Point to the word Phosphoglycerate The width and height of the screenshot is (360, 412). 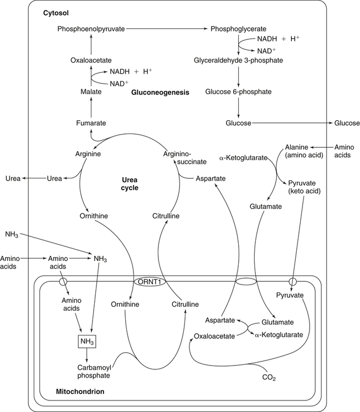click(x=238, y=28)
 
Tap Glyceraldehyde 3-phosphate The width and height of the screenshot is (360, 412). click(x=238, y=60)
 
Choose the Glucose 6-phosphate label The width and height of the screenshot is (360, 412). click(x=238, y=91)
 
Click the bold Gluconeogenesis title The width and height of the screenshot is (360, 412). click(x=160, y=92)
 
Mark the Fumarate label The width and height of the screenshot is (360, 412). click(x=90, y=122)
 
